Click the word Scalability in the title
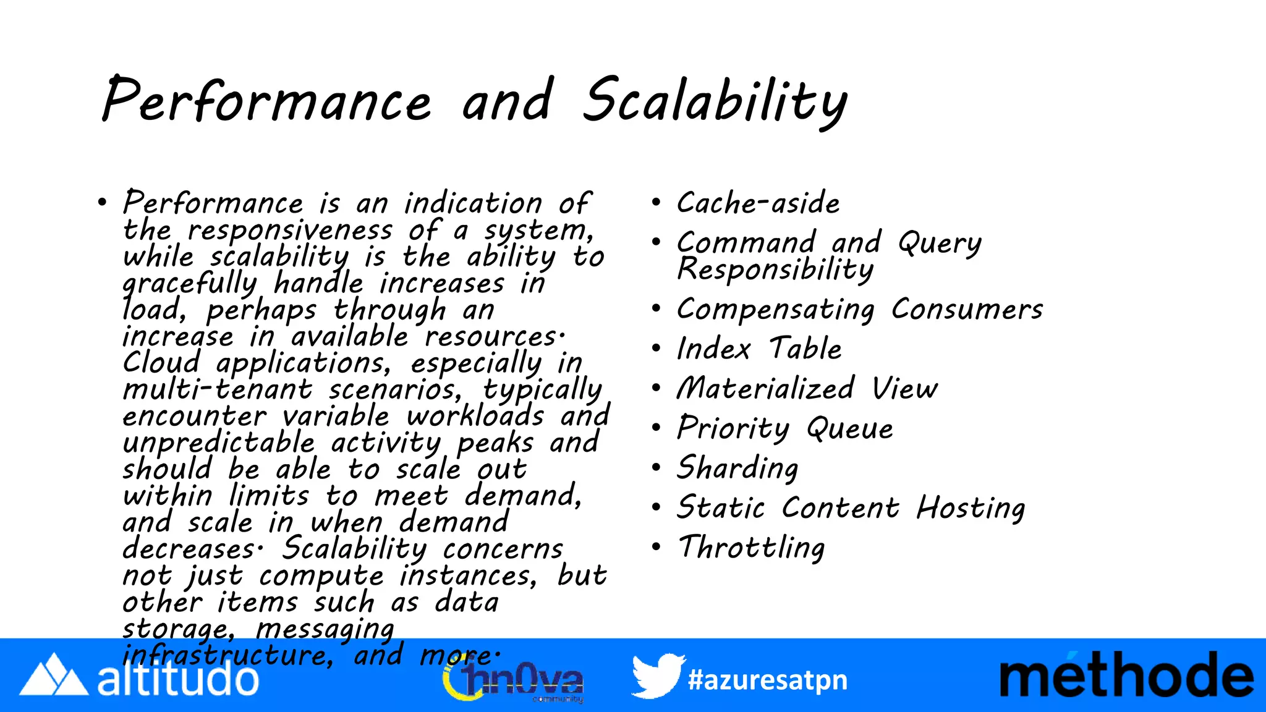click(x=715, y=101)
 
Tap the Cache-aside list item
click(x=758, y=203)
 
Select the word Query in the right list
click(x=940, y=242)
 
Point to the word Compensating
click(x=776, y=309)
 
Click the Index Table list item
click(x=759, y=349)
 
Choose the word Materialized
click(x=766, y=389)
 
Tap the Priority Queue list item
click(x=785, y=428)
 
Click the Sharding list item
click(x=737, y=468)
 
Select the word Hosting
click(x=971, y=508)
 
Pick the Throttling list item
click(x=752, y=548)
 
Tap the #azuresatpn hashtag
click(x=767, y=680)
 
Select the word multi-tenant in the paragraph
click(x=218, y=389)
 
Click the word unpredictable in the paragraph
click(x=219, y=443)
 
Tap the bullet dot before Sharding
click(x=656, y=467)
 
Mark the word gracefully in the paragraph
click(x=189, y=283)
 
